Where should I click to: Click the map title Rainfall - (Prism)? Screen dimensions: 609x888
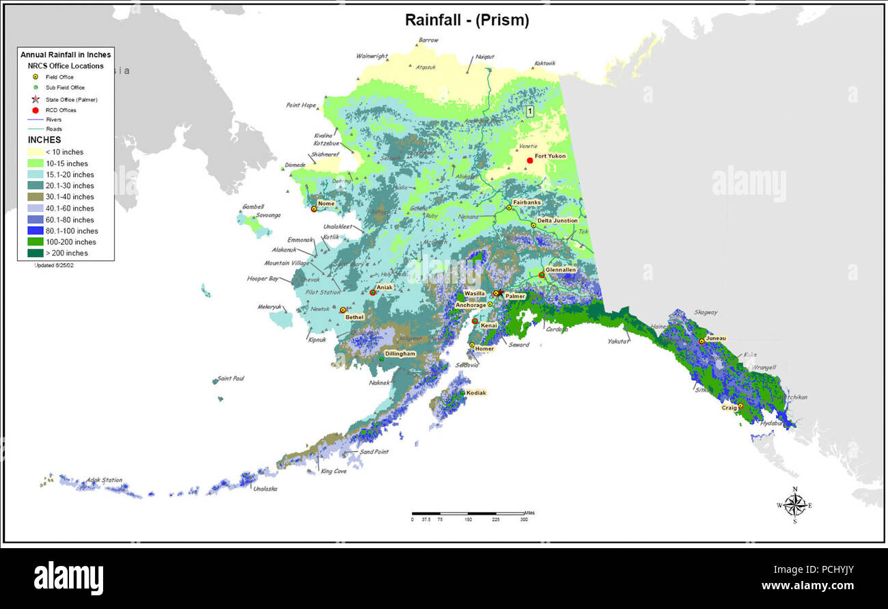(467, 21)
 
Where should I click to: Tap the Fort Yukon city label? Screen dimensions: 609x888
(550, 156)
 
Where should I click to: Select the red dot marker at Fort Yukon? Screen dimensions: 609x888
(529, 161)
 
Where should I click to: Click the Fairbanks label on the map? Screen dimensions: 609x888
(527, 202)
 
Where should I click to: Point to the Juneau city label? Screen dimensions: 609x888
(717, 338)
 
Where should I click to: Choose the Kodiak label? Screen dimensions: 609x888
(476, 393)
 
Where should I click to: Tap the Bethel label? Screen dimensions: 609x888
(355, 317)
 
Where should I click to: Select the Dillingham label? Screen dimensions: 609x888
(400, 354)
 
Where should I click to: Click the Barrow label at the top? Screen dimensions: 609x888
(428, 40)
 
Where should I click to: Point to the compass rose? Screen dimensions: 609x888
(794, 505)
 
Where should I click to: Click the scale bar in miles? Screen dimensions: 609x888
(468, 513)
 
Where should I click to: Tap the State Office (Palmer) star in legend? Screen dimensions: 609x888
(35, 99)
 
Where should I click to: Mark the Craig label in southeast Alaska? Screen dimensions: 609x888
(729, 408)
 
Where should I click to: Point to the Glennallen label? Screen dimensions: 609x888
(561, 270)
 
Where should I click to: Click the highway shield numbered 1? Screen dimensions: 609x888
(529, 111)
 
